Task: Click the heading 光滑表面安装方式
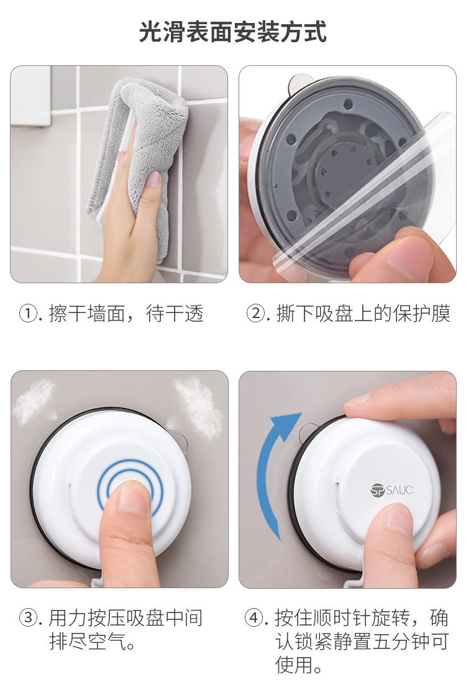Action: [233, 32]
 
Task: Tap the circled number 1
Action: [28, 314]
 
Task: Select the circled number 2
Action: [255, 314]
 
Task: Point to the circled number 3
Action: [28, 618]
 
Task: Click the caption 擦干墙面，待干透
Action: [126, 314]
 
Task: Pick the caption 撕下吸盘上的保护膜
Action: [363, 314]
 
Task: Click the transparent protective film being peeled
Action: [365, 191]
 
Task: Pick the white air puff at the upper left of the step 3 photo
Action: [34, 401]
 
